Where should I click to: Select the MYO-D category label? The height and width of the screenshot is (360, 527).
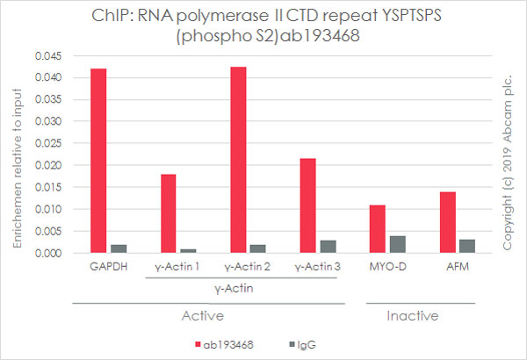pos(388,268)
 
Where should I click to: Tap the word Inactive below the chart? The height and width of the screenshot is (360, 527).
pos(413,315)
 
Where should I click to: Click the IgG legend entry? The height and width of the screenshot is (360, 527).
pos(307,345)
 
